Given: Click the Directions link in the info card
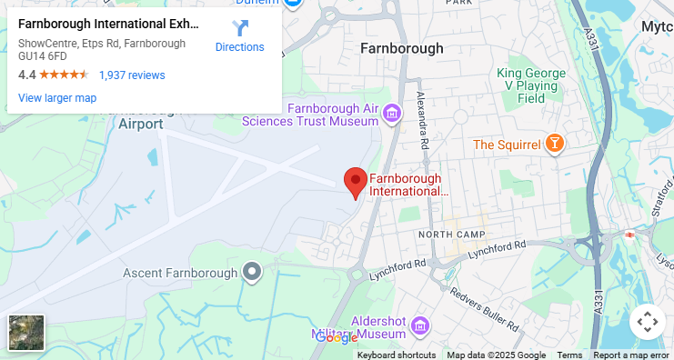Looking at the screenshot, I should coord(239,35).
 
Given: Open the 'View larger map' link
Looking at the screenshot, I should coord(57,98).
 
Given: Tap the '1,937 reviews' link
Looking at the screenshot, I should coord(132,75).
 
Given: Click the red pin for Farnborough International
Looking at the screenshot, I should coord(355,182).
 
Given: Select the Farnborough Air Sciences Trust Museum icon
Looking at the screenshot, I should coord(392,114).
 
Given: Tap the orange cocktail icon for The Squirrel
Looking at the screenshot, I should coord(553,144).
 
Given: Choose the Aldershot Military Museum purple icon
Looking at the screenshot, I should coord(420,325).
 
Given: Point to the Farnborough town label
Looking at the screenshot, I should coord(401,48).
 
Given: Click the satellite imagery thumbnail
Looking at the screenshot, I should coord(26,333).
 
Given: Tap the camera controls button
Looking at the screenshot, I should coord(647,321).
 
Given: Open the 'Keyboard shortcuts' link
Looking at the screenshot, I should coord(396,355).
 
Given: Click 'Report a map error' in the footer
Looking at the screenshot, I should coord(632,355).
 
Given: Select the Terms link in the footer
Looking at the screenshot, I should coord(569,355).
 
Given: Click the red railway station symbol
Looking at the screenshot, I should coord(629,235).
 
